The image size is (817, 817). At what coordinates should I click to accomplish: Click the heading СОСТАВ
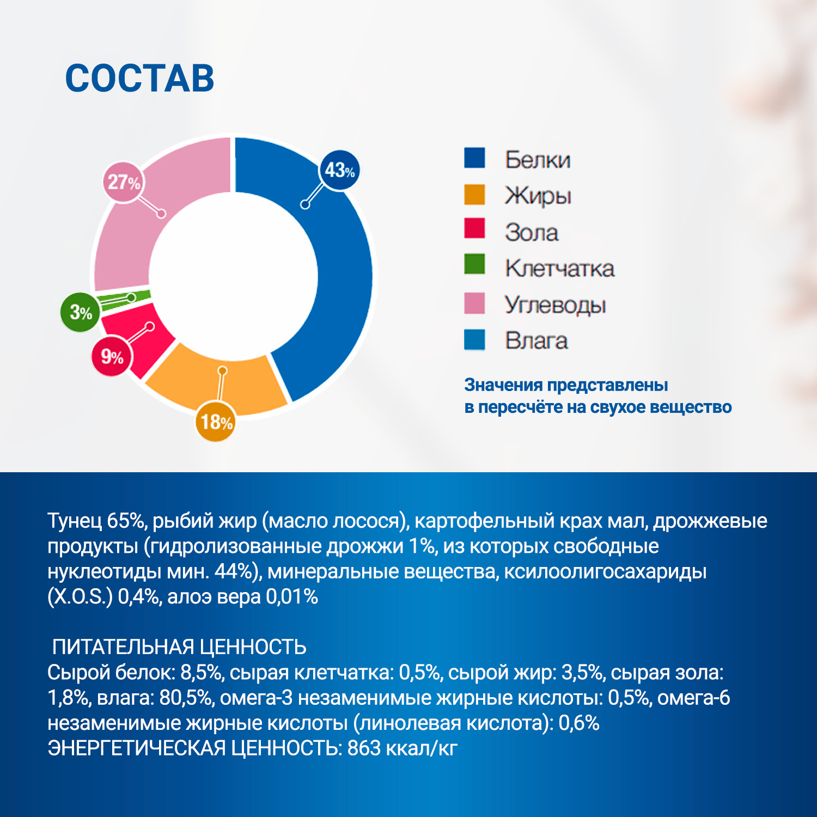click(x=139, y=78)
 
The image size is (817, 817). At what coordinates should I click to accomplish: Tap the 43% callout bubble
click(x=339, y=170)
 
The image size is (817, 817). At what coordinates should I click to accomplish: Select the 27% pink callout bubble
click(x=124, y=182)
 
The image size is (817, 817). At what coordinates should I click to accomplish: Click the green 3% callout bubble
click(x=80, y=312)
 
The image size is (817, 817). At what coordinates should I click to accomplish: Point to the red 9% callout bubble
click(x=112, y=357)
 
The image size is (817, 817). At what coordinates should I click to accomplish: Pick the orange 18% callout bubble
click(x=216, y=422)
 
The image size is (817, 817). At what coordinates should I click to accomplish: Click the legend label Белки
click(x=537, y=160)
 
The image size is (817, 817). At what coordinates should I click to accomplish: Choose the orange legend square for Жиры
click(x=474, y=195)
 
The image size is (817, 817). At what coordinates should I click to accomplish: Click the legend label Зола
click(x=531, y=233)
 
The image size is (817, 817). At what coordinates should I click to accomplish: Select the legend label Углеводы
click(x=554, y=305)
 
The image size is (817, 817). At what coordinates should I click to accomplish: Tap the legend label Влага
click(x=536, y=341)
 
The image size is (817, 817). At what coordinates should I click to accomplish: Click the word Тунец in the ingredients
click(x=74, y=521)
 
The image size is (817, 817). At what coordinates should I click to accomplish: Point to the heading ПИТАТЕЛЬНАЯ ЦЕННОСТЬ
click(x=179, y=647)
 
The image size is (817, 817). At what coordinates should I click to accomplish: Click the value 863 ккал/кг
click(x=402, y=748)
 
